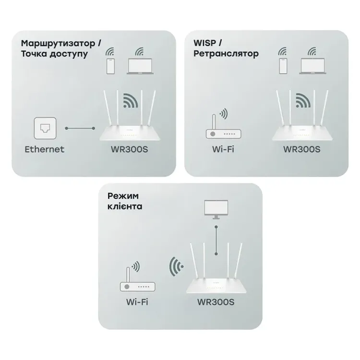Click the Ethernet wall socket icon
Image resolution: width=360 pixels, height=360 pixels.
(x=45, y=128)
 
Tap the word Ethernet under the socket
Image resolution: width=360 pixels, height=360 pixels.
(x=44, y=149)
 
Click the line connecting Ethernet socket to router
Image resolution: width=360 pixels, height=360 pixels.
(x=80, y=128)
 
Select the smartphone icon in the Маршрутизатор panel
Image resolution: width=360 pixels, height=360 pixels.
(x=110, y=66)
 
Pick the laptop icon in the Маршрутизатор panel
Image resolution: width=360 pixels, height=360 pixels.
(x=140, y=66)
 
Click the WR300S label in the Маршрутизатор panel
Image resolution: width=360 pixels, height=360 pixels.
(x=129, y=149)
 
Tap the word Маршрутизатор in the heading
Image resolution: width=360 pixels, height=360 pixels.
(x=58, y=43)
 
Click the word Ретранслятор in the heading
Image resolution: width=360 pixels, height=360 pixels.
(x=226, y=54)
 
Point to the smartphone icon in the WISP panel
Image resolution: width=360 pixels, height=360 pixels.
(x=283, y=66)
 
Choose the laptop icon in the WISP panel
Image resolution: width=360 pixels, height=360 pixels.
(x=312, y=66)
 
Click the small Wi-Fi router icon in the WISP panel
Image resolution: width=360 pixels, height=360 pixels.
(x=223, y=126)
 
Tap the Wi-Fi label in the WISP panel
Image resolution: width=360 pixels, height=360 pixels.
(x=223, y=149)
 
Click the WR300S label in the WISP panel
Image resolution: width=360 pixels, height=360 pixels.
(x=302, y=149)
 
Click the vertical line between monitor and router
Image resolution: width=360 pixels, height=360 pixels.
(x=216, y=240)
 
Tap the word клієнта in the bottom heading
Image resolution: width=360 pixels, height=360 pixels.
(x=125, y=206)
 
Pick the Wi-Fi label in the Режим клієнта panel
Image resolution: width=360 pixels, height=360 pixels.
(x=137, y=302)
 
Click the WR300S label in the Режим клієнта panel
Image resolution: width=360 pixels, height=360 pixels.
(x=216, y=302)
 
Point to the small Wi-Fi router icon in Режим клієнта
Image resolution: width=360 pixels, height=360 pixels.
(x=137, y=279)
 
